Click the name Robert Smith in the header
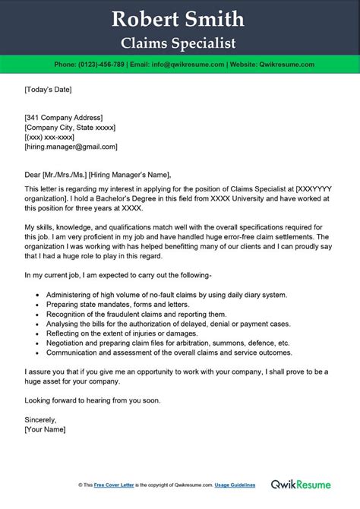[179, 18]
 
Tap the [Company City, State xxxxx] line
[68, 128]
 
